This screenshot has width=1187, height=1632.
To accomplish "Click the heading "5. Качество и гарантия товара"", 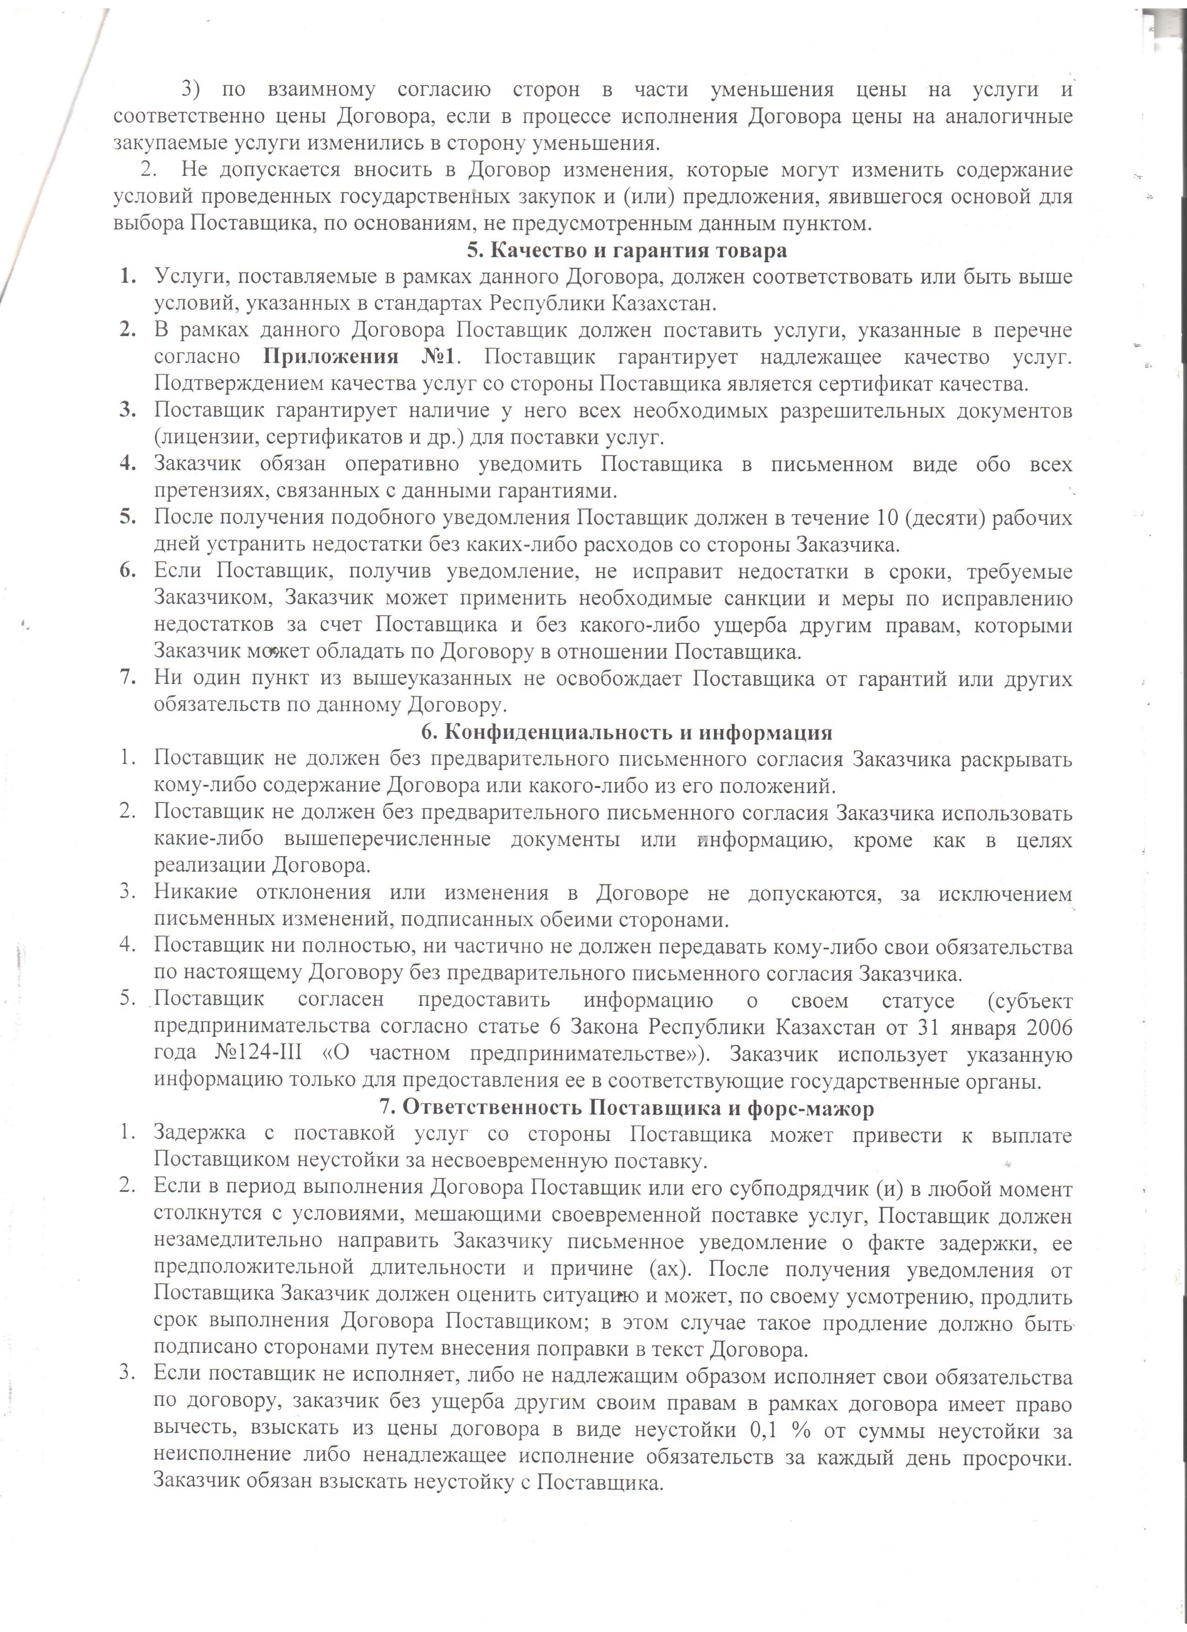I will tap(626, 250).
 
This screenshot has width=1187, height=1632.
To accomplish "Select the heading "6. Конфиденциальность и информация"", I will tap(626, 733).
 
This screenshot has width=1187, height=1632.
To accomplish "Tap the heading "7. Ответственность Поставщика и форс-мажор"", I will tap(626, 1108).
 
